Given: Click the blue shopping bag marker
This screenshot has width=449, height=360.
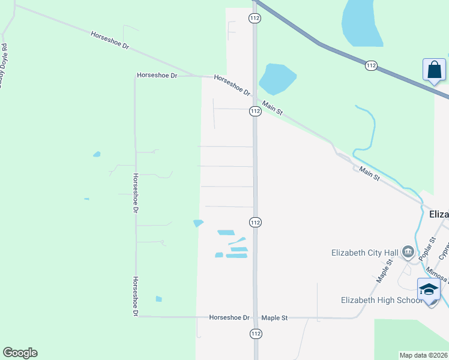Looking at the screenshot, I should (x=434, y=70).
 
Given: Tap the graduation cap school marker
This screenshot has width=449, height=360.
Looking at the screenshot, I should (x=429, y=290).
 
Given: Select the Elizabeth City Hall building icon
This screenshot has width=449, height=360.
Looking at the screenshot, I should (x=408, y=252).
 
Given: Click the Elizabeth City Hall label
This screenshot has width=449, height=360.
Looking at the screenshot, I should (x=365, y=253).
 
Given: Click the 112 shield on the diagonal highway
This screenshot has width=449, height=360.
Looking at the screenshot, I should (x=371, y=65).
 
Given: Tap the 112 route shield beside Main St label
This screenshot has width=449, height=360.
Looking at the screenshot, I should (x=255, y=111).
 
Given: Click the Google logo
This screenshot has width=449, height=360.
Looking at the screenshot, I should (x=20, y=353).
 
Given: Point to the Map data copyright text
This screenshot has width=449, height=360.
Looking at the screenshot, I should (x=423, y=355).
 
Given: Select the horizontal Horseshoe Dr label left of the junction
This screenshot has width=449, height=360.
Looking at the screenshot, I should (x=157, y=76).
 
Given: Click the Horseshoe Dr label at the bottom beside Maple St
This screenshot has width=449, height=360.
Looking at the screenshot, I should (x=229, y=317).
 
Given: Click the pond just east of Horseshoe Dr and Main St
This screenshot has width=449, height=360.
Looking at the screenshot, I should (x=276, y=79).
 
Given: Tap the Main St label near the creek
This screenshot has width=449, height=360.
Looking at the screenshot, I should (x=369, y=174).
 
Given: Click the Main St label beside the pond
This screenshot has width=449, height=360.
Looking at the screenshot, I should (x=272, y=109).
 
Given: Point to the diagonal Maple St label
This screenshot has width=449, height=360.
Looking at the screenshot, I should (x=384, y=271).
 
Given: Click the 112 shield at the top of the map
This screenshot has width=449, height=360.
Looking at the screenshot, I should (x=255, y=19).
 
